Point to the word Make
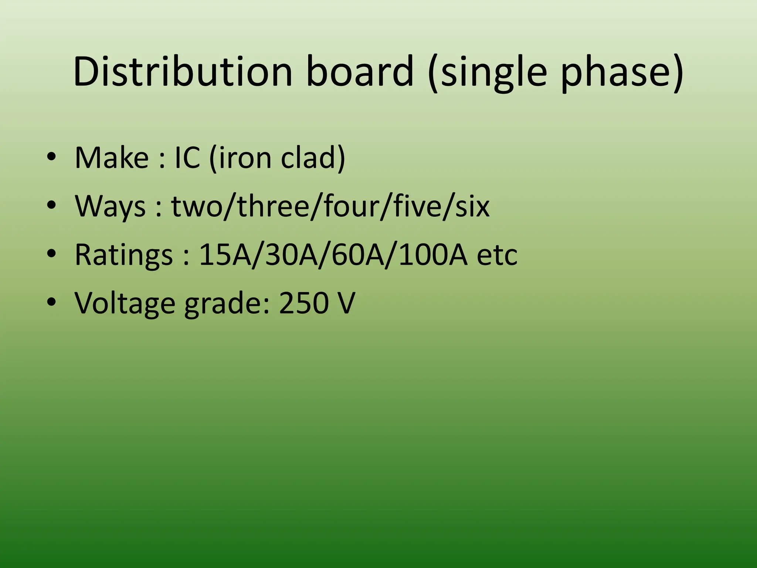tap(111, 158)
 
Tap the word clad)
tap(313, 158)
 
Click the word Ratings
tap(123, 255)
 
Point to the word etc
tap(497, 255)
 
